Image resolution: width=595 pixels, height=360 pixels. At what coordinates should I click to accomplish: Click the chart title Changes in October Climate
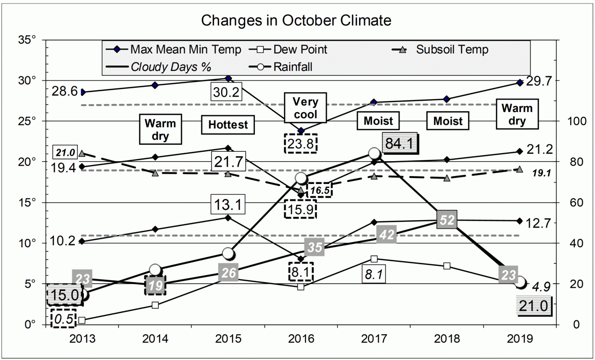point(297,21)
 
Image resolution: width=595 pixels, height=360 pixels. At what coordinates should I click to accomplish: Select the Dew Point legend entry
point(300,50)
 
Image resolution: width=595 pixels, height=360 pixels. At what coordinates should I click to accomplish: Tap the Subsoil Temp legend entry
point(452,50)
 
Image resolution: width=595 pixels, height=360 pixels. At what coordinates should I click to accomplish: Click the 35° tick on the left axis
point(26,40)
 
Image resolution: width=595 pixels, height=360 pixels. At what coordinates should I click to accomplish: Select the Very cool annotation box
point(305,109)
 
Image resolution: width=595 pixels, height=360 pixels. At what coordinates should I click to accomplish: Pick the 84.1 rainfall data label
point(401,144)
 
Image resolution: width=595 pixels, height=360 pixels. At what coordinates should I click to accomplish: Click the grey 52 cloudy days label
point(447,220)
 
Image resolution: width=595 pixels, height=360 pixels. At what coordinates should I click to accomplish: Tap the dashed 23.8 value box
point(300,143)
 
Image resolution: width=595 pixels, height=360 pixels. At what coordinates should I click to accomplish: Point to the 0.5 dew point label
point(63,318)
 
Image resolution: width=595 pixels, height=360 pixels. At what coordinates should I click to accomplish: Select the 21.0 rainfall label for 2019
point(534,307)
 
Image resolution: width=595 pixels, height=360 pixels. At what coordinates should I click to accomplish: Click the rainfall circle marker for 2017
point(375,154)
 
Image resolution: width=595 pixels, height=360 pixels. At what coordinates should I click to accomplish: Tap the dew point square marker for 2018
point(447,266)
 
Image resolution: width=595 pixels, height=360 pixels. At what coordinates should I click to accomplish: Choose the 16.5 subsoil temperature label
point(318,189)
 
